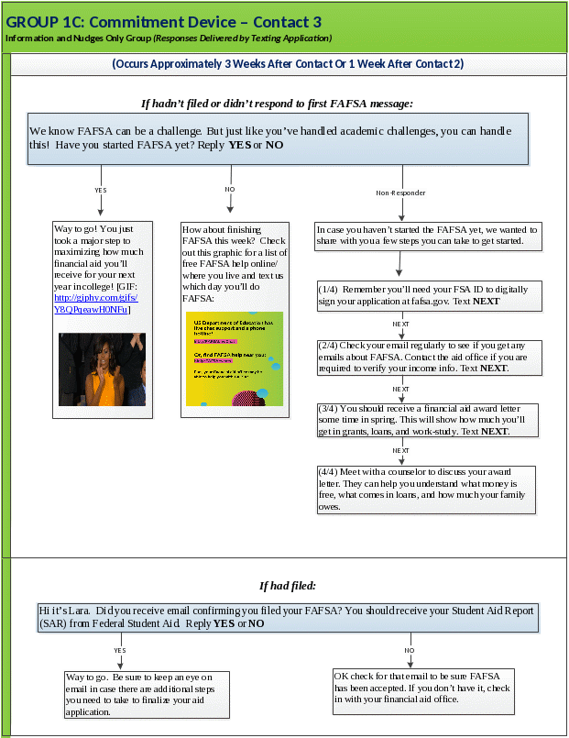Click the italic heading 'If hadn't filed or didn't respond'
click(276, 104)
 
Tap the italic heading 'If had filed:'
click(287, 585)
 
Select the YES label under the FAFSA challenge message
click(101, 190)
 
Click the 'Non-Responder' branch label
click(401, 193)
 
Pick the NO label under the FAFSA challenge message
click(230, 190)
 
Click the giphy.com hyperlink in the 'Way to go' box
click(95, 303)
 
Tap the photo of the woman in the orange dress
click(102, 369)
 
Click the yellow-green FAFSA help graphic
click(234, 358)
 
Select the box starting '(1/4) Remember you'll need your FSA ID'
click(429, 294)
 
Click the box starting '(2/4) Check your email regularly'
click(429, 357)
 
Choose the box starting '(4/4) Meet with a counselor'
click(425, 489)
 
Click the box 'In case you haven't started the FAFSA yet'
click(428, 235)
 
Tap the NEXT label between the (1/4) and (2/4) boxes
click(401, 325)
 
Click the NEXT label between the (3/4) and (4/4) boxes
click(401, 451)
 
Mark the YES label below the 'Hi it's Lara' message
click(120, 650)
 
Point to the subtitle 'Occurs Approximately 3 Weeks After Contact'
click(287, 64)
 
